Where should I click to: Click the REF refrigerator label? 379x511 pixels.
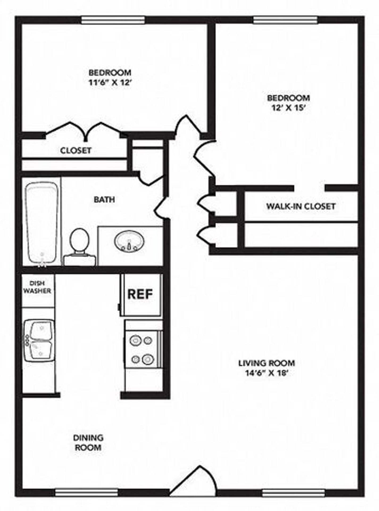(x=140, y=294)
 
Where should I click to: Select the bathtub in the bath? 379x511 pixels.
(x=41, y=222)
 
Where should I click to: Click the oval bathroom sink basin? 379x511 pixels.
(x=130, y=241)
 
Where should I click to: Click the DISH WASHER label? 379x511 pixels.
(x=37, y=287)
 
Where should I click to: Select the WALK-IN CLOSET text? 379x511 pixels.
(x=301, y=206)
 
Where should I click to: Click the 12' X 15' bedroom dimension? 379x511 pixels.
(x=288, y=108)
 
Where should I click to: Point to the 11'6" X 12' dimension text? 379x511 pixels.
(x=110, y=83)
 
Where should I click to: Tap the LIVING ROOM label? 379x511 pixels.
(x=266, y=363)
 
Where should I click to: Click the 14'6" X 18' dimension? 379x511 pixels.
(x=267, y=373)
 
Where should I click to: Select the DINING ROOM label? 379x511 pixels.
(x=88, y=442)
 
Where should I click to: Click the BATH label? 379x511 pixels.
(x=104, y=199)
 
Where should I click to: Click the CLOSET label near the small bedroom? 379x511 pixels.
(x=76, y=150)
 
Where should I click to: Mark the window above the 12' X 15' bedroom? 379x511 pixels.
(x=285, y=20)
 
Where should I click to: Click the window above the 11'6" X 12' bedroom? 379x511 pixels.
(x=113, y=20)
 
